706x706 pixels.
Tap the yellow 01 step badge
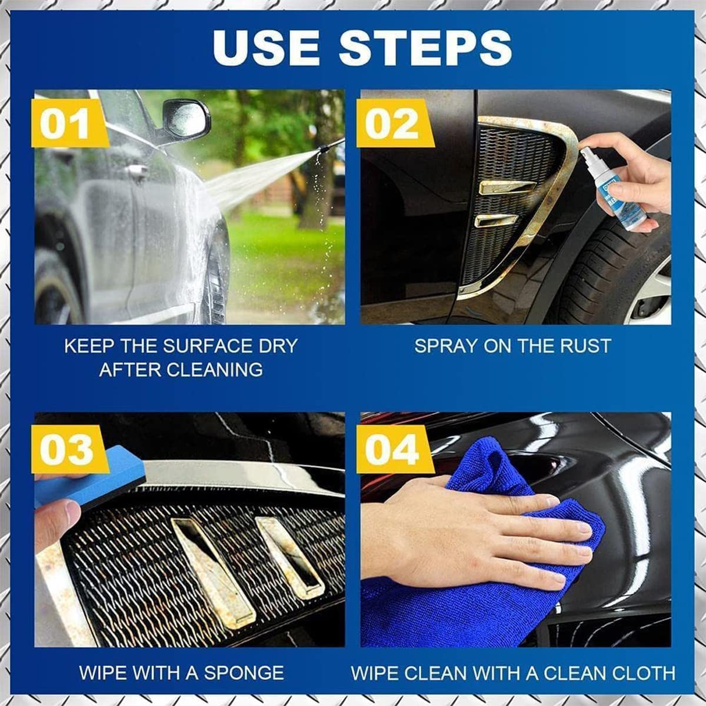66,125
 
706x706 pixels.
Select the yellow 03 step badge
66,450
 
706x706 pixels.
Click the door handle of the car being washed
136,171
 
